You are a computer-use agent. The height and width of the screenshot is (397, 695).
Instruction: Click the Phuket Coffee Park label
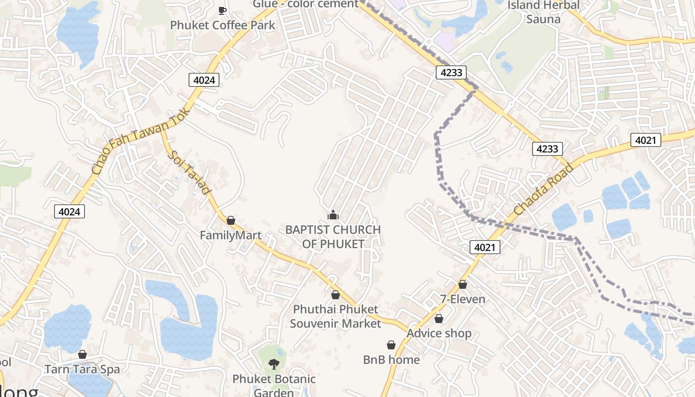click(x=222, y=25)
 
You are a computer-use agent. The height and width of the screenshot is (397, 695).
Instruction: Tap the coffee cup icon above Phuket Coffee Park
click(x=222, y=10)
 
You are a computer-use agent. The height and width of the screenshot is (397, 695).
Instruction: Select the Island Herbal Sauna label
click(x=543, y=12)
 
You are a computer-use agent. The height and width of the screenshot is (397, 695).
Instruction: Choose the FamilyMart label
click(x=230, y=235)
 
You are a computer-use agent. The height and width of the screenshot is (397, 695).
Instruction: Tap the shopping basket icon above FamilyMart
click(x=231, y=220)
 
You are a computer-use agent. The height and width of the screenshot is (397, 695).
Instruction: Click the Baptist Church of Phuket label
click(x=333, y=237)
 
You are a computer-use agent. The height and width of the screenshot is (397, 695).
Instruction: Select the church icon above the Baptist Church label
click(x=333, y=215)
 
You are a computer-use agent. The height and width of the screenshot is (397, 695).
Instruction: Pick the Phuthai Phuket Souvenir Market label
click(x=336, y=316)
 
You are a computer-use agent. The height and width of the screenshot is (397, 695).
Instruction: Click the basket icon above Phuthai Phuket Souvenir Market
click(x=336, y=295)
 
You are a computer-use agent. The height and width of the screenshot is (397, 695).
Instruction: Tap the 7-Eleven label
click(x=463, y=299)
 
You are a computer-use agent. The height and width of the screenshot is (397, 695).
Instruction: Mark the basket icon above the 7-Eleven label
click(x=463, y=284)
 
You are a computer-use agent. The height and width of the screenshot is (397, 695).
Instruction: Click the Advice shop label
click(x=439, y=333)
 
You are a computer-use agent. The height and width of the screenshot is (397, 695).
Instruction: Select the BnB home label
click(x=391, y=360)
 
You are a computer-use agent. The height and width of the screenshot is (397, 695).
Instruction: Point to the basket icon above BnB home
click(x=391, y=345)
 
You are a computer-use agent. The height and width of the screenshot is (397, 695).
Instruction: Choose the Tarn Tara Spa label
click(x=82, y=369)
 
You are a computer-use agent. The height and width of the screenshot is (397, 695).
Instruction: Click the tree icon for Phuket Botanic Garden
click(x=274, y=365)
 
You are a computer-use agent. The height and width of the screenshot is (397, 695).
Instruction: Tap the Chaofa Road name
click(x=544, y=189)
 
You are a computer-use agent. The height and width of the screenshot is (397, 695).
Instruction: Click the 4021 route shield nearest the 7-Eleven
click(x=485, y=247)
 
